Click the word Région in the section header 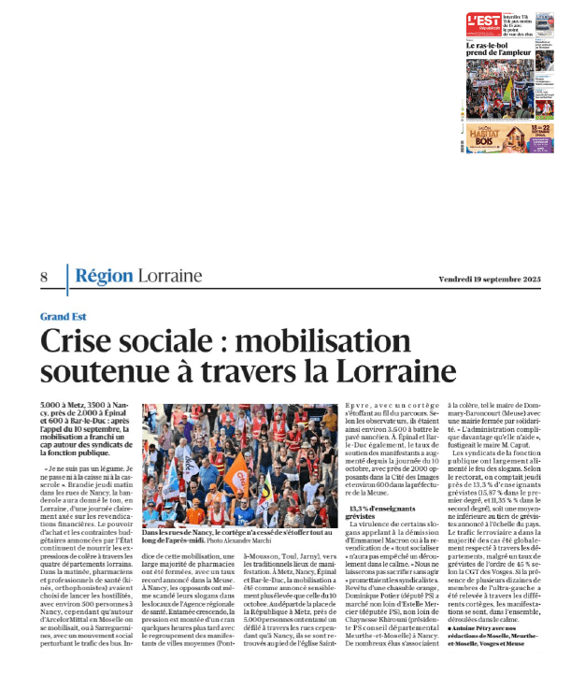pos(103,277)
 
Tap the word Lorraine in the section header pos(169,277)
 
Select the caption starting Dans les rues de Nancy pos(195,533)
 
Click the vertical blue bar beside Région pos(66,278)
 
